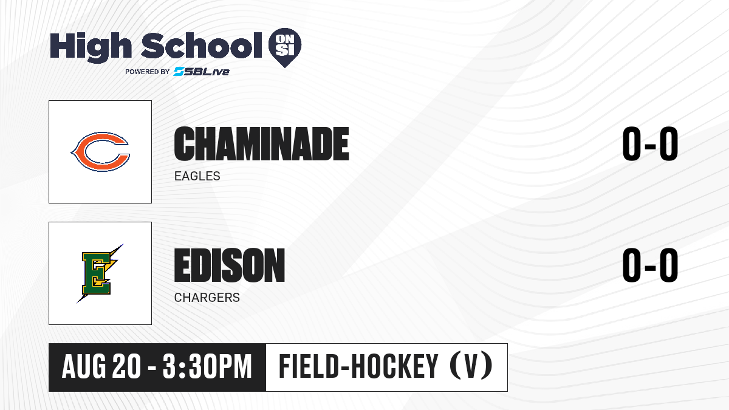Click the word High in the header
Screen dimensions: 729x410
[91, 47]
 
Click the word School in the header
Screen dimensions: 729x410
[202, 46]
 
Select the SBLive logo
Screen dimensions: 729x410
[201, 71]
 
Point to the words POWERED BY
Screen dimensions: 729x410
[148, 72]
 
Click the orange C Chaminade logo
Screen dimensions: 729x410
[100, 152]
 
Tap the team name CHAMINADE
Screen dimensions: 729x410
[261, 143]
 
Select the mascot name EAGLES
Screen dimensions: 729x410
[197, 176]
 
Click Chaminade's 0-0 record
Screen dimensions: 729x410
[650, 143]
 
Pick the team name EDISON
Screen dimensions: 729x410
[230, 265]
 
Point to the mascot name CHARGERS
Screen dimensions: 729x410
[207, 298]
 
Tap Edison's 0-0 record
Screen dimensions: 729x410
[650, 265]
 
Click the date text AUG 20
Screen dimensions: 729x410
[101, 367]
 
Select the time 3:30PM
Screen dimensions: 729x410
[207, 367]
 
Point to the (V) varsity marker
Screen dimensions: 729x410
[471, 366]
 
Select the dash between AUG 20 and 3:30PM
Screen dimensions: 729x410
[152, 368]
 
